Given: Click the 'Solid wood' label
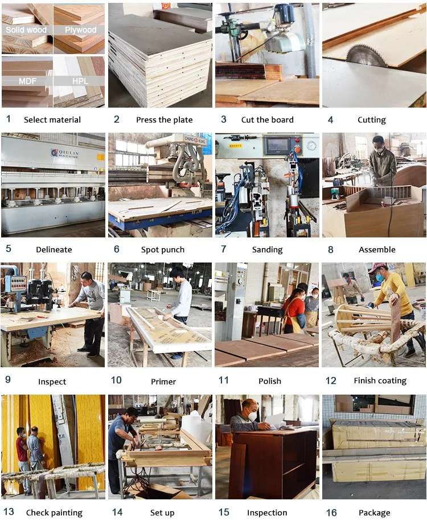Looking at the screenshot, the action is click(x=26, y=30).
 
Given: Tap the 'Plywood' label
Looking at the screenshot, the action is click(x=80, y=30).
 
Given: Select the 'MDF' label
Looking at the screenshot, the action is click(x=27, y=81).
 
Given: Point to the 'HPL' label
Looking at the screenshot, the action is click(x=80, y=81).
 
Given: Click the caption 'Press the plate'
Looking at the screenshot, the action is click(x=164, y=120).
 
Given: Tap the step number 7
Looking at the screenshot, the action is click(x=224, y=249).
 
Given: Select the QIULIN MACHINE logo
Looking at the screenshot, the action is click(x=65, y=154).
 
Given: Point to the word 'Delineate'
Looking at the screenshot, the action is click(x=54, y=249).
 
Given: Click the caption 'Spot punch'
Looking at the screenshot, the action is click(x=163, y=250).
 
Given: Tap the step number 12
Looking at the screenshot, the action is click(x=331, y=381).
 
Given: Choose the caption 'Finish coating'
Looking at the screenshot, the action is click(x=380, y=381).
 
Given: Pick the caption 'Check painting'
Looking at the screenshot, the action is click(x=54, y=512).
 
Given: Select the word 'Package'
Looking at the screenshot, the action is click(x=375, y=513).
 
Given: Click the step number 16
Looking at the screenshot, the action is click(x=331, y=512).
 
